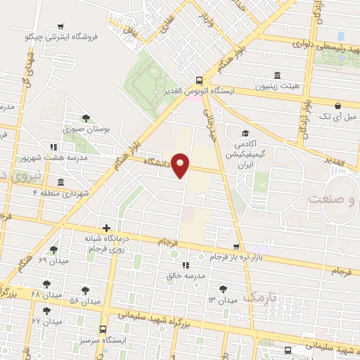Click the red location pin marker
(x=181, y=165)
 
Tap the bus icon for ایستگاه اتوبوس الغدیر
(x=199, y=79)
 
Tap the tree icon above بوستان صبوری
(x=86, y=118)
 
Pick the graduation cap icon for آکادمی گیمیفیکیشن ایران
(x=245, y=134)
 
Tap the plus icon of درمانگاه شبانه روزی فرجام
(x=106, y=228)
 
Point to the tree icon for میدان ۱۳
(x=223, y=288)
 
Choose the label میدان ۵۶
(x=84, y=302)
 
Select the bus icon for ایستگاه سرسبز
(x=103, y=328)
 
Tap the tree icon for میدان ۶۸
(x=46, y=284)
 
